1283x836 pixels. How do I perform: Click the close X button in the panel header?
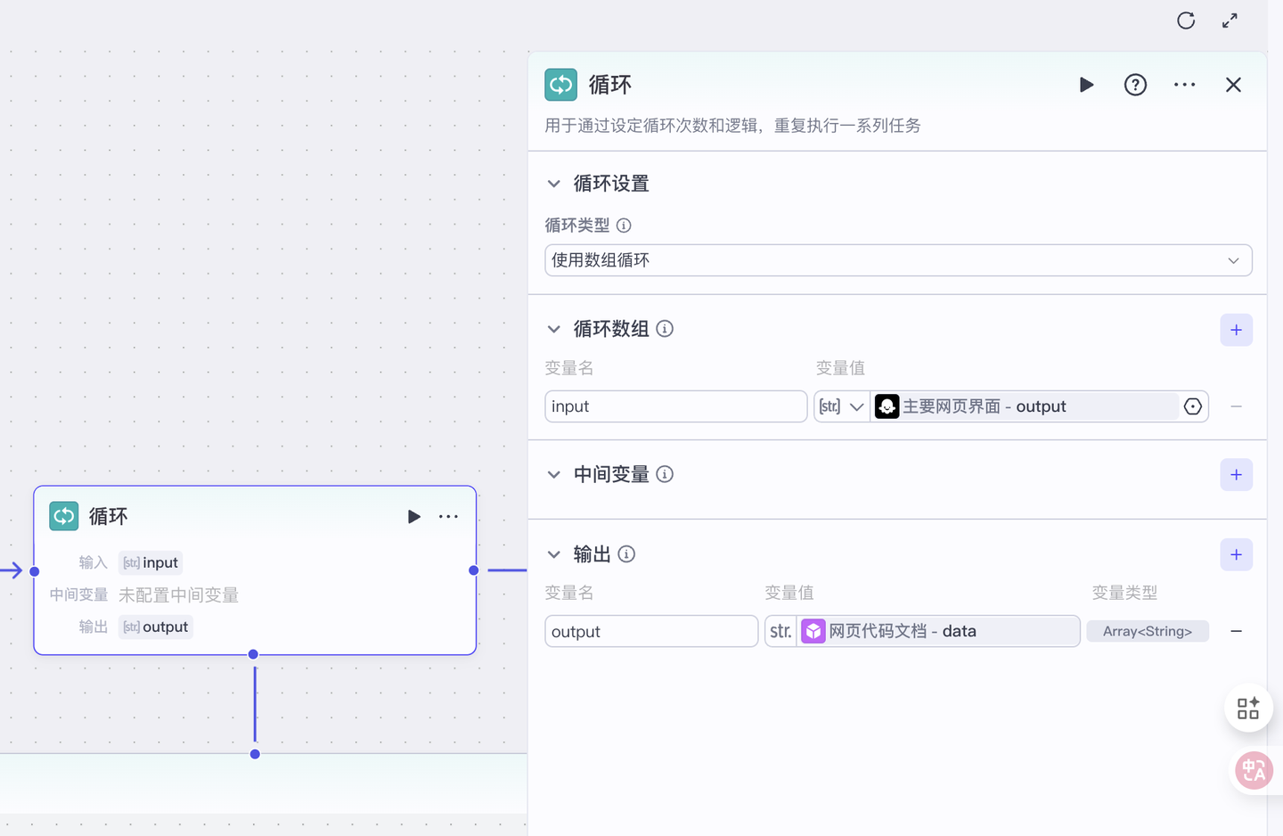pyautogui.click(x=1233, y=85)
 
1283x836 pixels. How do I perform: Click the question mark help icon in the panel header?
pyautogui.click(x=1135, y=85)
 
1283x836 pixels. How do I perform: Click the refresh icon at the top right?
pyautogui.click(x=1186, y=20)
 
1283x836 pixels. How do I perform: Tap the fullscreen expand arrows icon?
pyautogui.click(x=1230, y=20)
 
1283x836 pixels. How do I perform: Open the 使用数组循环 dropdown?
pyautogui.click(x=898, y=260)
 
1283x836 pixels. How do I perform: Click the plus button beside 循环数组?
pyautogui.click(x=1236, y=330)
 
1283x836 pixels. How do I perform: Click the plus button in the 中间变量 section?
pyautogui.click(x=1236, y=475)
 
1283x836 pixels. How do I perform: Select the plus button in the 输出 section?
pyautogui.click(x=1236, y=554)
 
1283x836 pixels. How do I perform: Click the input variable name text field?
pyautogui.click(x=675, y=406)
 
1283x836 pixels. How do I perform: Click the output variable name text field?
pyautogui.click(x=651, y=631)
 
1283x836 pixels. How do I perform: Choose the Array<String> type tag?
pyautogui.click(x=1148, y=631)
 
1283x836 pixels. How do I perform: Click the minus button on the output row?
pyautogui.click(x=1236, y=631)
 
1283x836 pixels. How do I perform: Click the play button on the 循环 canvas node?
pyautogui.click(x=414, y=517)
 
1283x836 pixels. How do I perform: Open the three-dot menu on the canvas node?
pyautogui.click(x=448, y=517)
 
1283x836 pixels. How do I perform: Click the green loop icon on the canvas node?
pyautogui.click(x=64, y=516)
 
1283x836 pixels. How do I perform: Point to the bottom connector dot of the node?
pyautogui.click(x=254, y=654)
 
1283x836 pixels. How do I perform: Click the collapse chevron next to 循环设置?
pyautogui.click(x=554, y=184)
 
